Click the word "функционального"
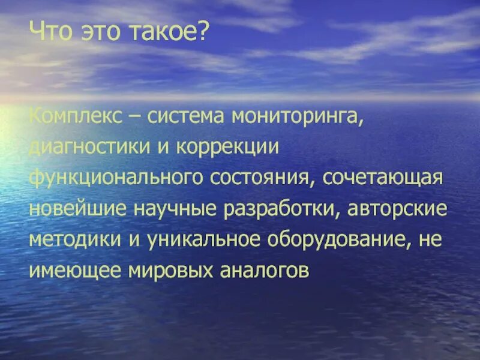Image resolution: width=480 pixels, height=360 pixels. click(x=113, y=178)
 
